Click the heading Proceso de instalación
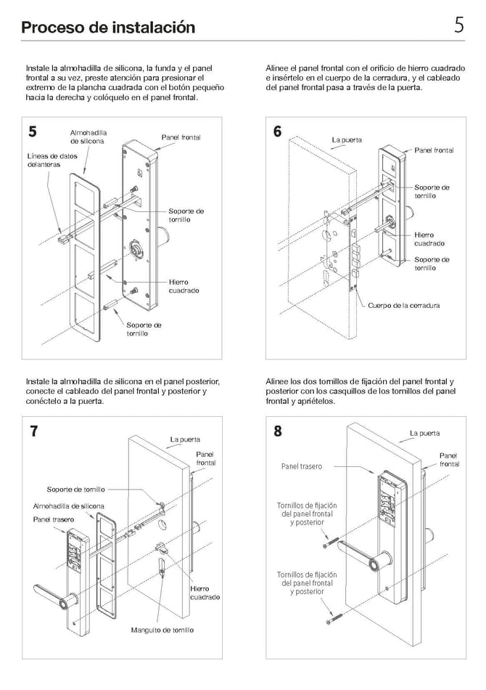108,28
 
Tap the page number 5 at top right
458,25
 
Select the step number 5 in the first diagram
33,131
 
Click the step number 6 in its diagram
277,131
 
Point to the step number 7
33,431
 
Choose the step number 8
277,431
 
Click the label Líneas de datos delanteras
52,160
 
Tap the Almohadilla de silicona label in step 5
88,137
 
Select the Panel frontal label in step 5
181,137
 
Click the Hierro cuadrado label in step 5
184,286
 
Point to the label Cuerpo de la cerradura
403,306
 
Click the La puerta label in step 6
346,139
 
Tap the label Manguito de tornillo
162,630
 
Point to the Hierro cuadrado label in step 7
205,593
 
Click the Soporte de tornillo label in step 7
76,490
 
